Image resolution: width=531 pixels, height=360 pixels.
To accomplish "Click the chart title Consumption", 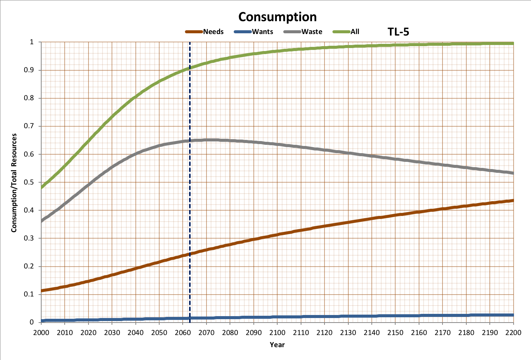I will [x=277, y=17].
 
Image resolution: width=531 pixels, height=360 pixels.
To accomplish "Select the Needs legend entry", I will [x=213, y=32].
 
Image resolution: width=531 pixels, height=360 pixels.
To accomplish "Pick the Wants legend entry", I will [x=262, y=32].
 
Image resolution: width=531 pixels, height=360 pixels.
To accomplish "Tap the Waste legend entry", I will [x=312, y=32].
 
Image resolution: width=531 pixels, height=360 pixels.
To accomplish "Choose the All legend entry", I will [x=355, y=32].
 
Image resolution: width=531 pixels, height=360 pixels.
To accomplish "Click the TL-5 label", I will [x=398, y=32].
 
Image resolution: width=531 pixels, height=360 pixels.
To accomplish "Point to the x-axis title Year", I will [x=277, y=344].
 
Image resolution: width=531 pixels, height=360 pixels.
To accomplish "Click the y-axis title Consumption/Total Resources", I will [x=14, y=183].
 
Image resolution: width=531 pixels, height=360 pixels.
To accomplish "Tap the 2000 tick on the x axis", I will [x=41, y=333].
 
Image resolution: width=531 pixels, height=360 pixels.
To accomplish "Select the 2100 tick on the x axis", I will [x=277, y=333].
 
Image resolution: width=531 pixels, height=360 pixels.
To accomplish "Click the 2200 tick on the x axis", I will [x=513, y=333].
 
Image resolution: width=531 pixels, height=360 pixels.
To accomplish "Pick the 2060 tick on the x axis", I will [x=183, y=333].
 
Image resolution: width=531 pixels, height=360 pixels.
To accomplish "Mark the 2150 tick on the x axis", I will [x=395, y=333].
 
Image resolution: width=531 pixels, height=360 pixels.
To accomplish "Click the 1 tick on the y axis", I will [x=32, y=42].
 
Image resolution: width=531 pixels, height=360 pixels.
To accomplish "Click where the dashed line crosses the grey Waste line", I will [x=190, y=141].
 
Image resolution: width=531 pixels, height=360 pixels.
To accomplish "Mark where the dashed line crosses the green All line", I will [x=190, y=68].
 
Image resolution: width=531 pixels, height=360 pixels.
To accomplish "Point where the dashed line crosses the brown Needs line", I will [x=190, y=254].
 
